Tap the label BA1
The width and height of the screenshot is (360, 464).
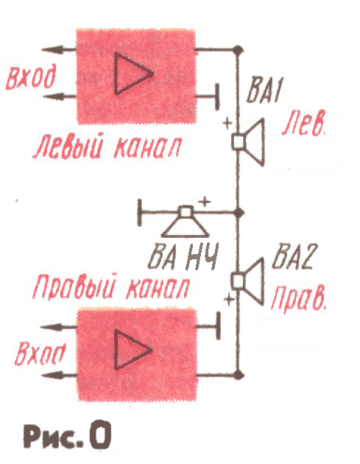pos(264,90)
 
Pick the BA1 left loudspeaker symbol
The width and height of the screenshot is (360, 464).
pos(248,142)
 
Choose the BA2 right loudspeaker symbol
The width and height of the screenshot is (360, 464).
pos(248,281)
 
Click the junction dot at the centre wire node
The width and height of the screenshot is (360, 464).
pos(238,212)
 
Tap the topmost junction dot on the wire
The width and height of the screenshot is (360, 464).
pos(238,50)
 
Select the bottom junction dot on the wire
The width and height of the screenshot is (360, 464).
pos(238,375)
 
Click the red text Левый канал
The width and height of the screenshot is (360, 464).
pos(107,147)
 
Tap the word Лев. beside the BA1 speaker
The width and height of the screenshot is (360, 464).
pos(304,123)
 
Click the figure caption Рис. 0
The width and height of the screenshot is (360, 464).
pos(67,434)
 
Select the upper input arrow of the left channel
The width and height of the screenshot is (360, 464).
pos(59,50)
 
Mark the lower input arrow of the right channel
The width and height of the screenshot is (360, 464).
pos(59,376)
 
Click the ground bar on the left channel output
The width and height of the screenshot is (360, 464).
pos(217,96)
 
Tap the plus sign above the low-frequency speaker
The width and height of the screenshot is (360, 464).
pos(204,202)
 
